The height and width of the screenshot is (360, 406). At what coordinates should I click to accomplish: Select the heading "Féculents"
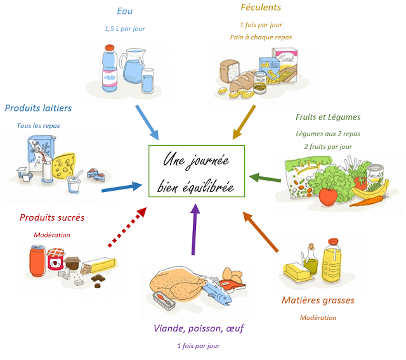(x=261, y=8)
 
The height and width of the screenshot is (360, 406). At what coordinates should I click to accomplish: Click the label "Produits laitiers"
(x=38, y=108)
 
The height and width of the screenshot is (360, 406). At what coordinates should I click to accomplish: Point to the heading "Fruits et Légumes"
(x=328, y=117)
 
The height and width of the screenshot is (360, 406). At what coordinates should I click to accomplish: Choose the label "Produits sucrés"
(x=52, y=217)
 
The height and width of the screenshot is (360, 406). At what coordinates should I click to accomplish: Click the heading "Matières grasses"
(x=318, y=300)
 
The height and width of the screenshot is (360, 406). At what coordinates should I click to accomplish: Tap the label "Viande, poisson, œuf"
(x=199, y=328)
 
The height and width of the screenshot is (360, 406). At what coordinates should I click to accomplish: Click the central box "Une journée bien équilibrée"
(x=197, y=171)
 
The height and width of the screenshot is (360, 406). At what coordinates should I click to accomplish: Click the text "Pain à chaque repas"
(x=261, y=37)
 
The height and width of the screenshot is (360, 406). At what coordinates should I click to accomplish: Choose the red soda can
(x=37, y=258)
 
